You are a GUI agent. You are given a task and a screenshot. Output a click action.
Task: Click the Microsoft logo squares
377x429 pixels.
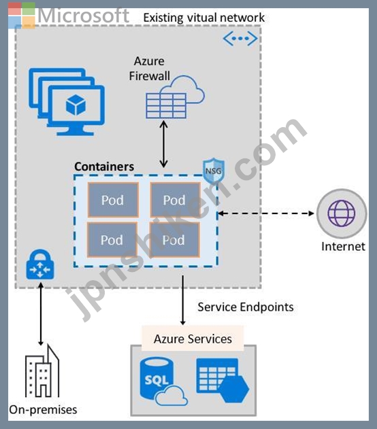pyautogui.click(x=22, y=16)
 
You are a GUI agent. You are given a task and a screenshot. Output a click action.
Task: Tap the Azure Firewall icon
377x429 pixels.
pyautogui.click(x=175, y=97)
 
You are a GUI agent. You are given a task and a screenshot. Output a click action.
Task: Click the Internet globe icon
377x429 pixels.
pyautogui.click(x=342, y=213)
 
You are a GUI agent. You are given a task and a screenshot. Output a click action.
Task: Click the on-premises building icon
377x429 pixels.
pyautogui.click(x=42, y=371)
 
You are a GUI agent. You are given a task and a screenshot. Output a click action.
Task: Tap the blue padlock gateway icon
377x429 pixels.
pyautogui.click(x=40, y=264)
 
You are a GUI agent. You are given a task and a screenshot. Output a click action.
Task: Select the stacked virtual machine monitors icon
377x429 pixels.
pyautogui.click(x=67, y=102)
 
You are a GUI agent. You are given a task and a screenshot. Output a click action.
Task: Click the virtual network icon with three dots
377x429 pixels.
pyautogui.click(x=240, y=39)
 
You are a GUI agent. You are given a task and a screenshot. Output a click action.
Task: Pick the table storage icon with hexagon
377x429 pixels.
pyautogui.click(x=223, y=380)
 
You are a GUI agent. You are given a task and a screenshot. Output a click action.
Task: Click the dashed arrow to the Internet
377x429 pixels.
pyautogui.click(x=266, y=213)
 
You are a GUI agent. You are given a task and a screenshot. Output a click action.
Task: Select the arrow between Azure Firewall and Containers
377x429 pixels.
pyautogui.click(x=164, y=144)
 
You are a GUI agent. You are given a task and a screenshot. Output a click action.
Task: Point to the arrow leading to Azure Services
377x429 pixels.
pyautogui.click(x=183, y=300)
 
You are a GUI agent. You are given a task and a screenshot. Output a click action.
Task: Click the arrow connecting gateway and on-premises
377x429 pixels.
pyautogui.click(x=41, y=314)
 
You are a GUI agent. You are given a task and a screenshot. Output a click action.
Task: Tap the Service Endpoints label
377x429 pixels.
pyautogui.click(x=246, y=307)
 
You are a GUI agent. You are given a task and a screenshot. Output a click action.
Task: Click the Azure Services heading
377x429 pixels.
pyautogui.click(x=193, y=339)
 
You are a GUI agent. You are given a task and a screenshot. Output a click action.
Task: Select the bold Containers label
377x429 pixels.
pyautogui.click(x=104, y=167)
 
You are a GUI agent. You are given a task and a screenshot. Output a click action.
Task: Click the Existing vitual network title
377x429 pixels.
pyautogui.click(x=204, y=18)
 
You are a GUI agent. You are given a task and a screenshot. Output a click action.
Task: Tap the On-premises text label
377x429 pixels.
pyautogui.click(x=43, y=409)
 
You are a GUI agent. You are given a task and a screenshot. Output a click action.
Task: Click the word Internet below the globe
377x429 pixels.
pyautogui.click(x=343, y=247)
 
